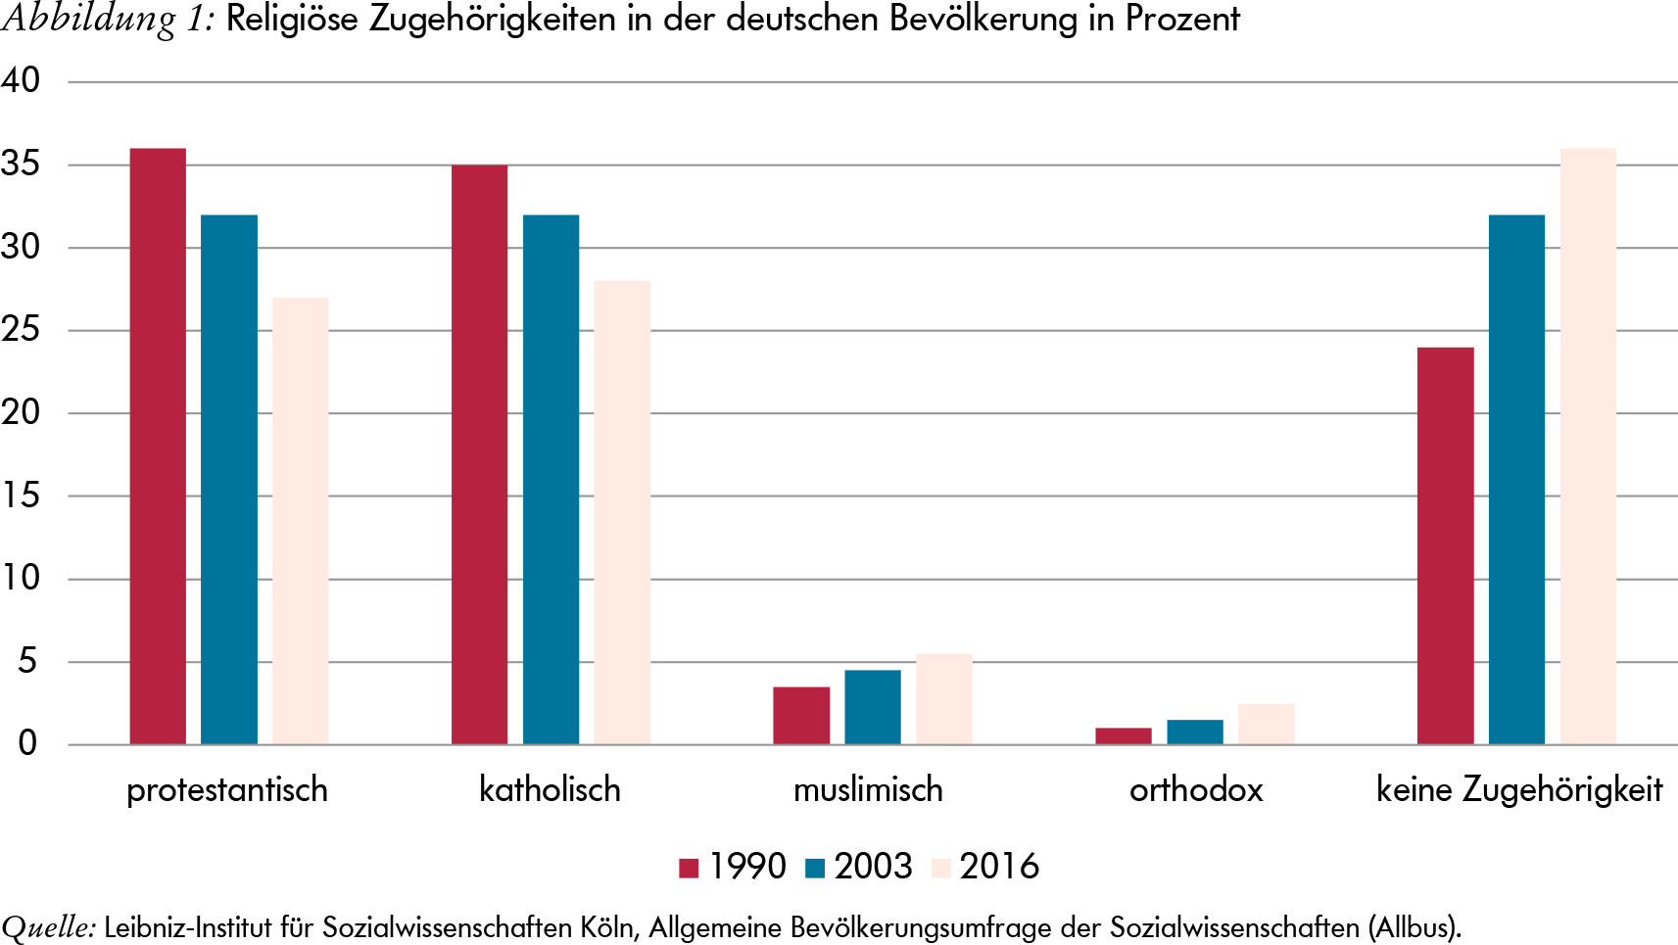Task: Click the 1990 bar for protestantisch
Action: point(158,447)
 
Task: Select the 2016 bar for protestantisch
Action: point(301,521)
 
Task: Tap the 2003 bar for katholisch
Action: point(551,479)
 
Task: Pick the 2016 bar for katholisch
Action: point(622,512)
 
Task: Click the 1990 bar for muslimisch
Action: point(801,716)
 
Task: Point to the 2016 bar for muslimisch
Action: point(944,699)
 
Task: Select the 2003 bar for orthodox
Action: point(1195,732)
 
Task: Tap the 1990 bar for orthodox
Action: point(1124,736)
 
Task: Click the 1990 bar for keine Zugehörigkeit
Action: point(1446,545)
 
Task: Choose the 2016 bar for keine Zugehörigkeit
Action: point(1588,447)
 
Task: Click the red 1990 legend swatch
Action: point(689,868)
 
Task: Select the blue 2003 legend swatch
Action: point(815,868)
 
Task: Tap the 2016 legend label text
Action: point(999,867)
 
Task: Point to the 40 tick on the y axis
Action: point(21,80)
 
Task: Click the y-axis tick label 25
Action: point(21,329)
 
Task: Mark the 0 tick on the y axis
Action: point(27,743)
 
